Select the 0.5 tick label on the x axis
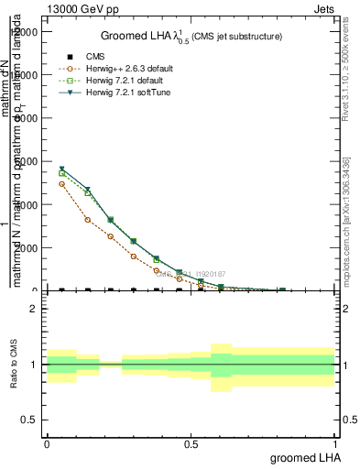tap(191, 443)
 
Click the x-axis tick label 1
tap(334, 443)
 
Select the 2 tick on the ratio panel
tap(34, 309)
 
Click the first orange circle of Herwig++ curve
tap(61, 184)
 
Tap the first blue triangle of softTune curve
tap(61, 169)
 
